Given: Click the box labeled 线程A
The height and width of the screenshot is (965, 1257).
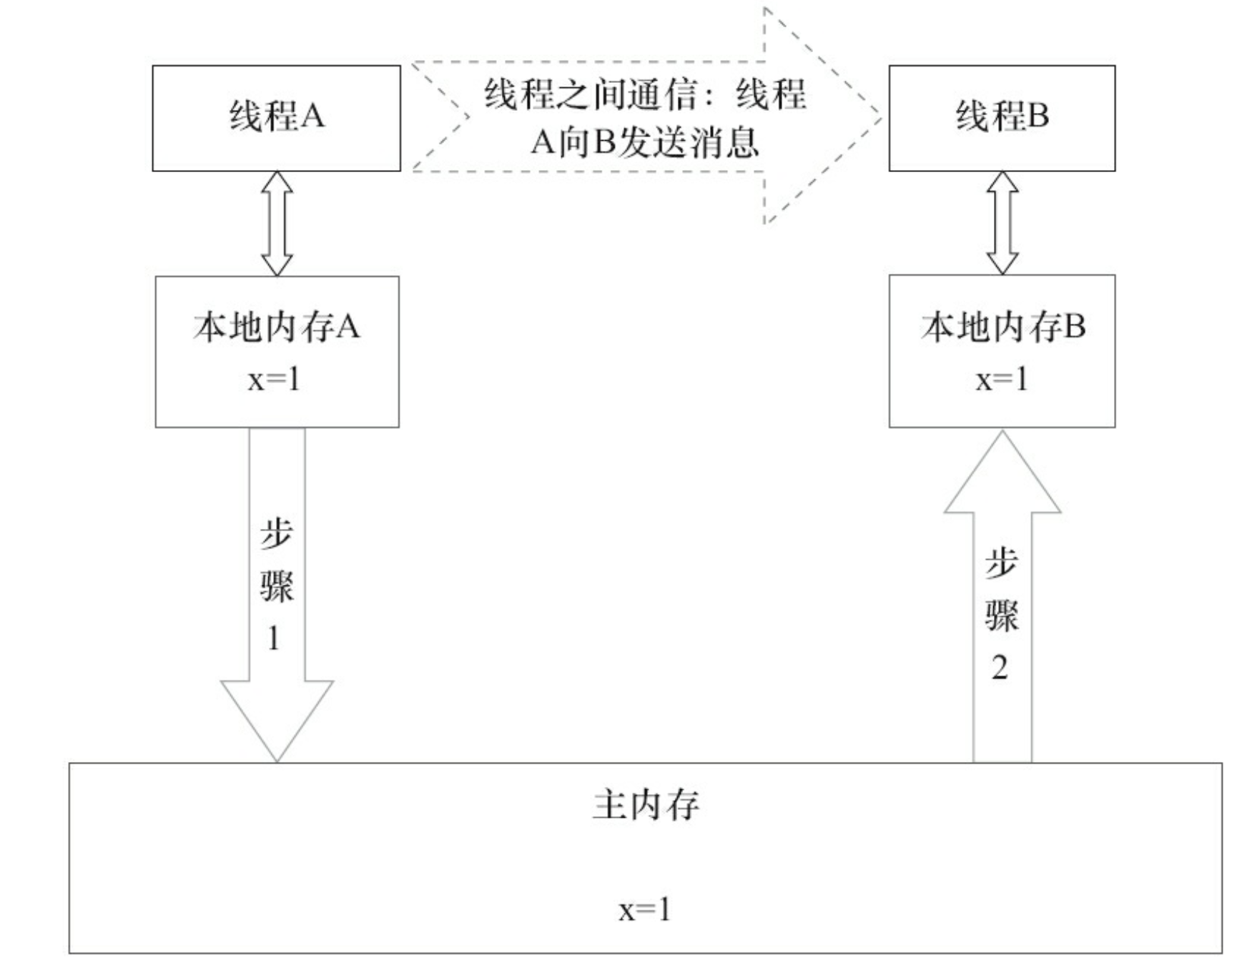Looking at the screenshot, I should [276, 118].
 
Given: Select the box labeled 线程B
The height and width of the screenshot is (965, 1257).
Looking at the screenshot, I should [1001, 118].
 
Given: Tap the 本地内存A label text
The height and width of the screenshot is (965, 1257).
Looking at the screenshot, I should [276, 327].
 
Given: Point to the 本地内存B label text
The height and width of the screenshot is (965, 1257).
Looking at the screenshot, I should [1002, 327].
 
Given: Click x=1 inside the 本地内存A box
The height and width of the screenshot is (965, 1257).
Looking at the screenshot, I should [274, 379].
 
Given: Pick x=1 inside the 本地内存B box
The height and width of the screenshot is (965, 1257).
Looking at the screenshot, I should [1002, 379].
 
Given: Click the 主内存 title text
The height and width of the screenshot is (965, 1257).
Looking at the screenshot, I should [645, 806].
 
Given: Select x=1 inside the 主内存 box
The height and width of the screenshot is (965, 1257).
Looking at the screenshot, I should [645, 909].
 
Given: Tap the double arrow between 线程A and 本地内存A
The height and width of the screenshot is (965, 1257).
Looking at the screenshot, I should [277, 223].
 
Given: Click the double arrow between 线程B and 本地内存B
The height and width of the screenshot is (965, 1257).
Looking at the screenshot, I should [1002, 223].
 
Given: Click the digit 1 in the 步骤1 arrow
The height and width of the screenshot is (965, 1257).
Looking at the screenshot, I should [273, 638].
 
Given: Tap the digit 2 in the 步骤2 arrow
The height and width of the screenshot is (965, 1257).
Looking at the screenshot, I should [1000, 668].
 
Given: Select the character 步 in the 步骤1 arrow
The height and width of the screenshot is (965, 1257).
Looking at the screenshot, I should [276, 533].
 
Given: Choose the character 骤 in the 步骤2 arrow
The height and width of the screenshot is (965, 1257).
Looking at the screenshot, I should [1001, 615].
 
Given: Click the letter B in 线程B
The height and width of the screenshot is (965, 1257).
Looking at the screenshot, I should [1037, 116].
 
